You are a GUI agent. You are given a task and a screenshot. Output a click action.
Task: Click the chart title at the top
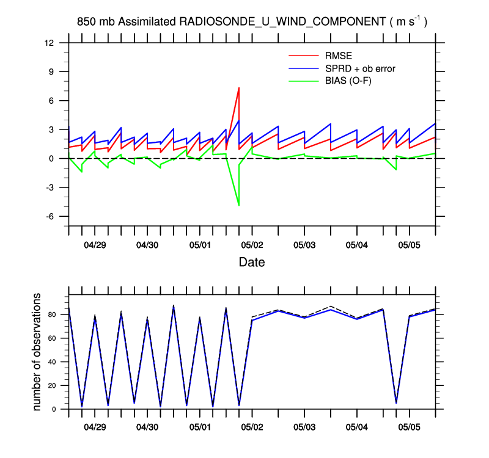tap(252, 21)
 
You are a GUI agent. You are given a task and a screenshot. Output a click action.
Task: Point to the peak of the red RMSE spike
tap(238, 88)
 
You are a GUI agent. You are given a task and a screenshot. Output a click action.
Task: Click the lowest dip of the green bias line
tap(238, 206)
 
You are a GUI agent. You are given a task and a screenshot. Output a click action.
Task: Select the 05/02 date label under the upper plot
tap(252, 245)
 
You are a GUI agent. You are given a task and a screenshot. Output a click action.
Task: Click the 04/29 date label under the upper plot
tap(95, 245)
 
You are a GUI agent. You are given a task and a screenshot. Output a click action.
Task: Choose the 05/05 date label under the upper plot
tap(409, 245)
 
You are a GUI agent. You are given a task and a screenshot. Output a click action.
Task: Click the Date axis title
tap(252, 263)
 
